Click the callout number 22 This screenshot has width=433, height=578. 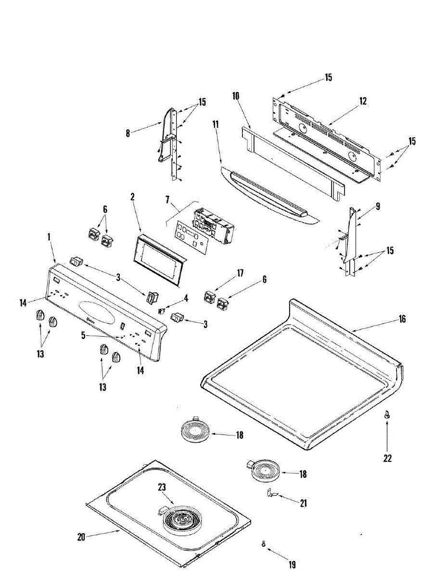point(387,458)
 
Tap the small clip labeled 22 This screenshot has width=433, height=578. point(387,416)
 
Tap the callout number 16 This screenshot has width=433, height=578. point(402,319)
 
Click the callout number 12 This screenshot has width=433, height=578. point(363,101)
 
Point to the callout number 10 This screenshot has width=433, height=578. point(236,96)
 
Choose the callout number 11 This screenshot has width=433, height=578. point(216,124)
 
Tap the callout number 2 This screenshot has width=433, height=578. point(132,197)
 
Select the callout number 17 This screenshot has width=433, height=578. point(240,273)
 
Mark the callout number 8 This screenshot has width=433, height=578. point(128,133)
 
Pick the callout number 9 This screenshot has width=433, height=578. point(378,207)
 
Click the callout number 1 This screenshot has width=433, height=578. point(49,237)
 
